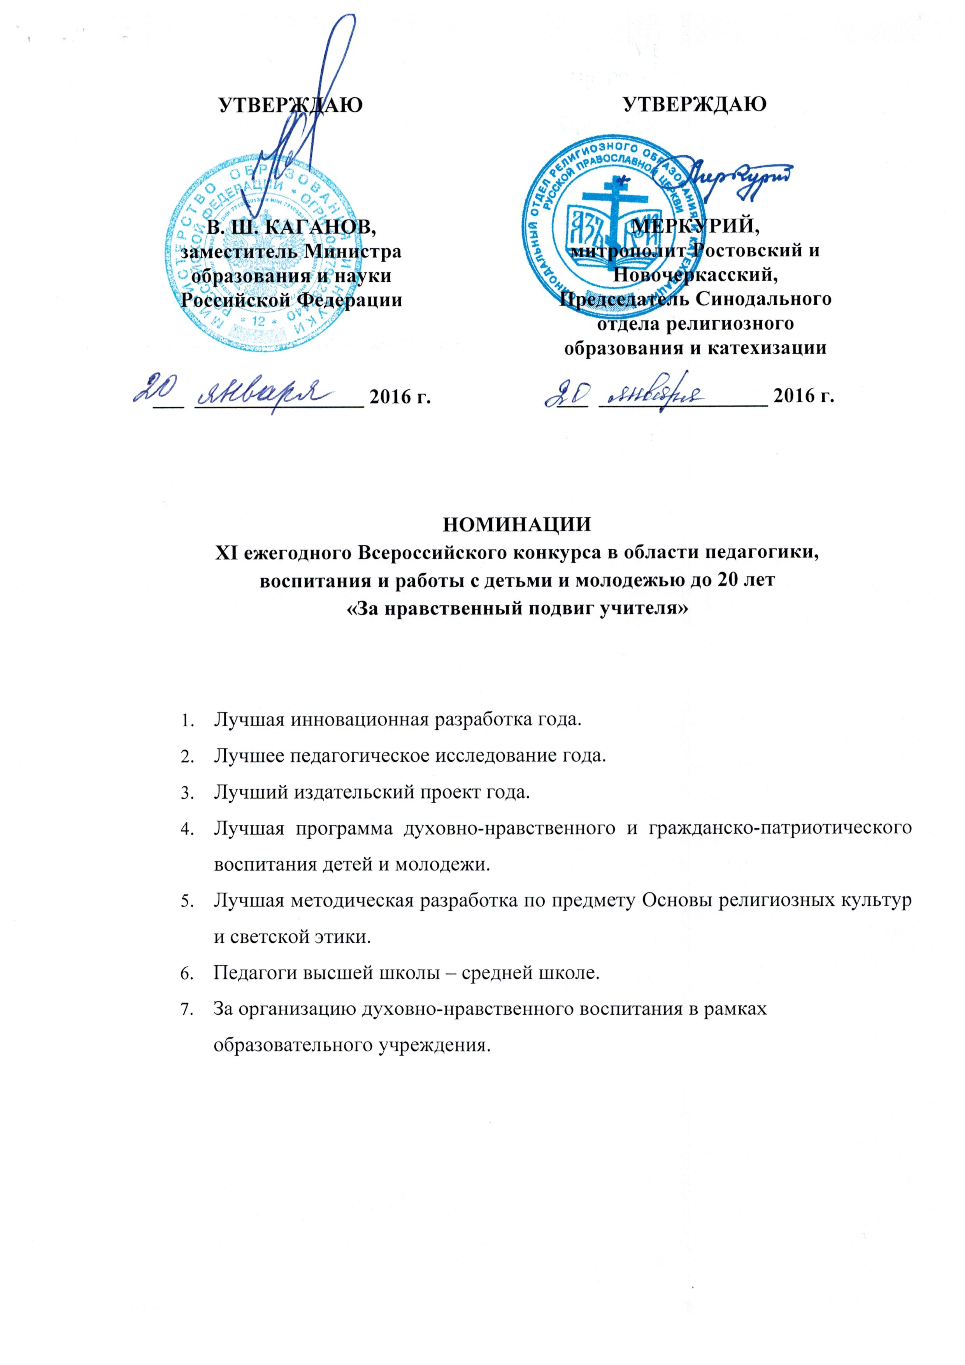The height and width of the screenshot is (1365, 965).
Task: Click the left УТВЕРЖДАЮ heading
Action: tap(291, 105)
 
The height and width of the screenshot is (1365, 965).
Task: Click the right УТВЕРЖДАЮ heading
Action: tap(695, 105)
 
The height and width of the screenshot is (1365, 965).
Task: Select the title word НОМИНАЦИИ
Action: tap(517, 525)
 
